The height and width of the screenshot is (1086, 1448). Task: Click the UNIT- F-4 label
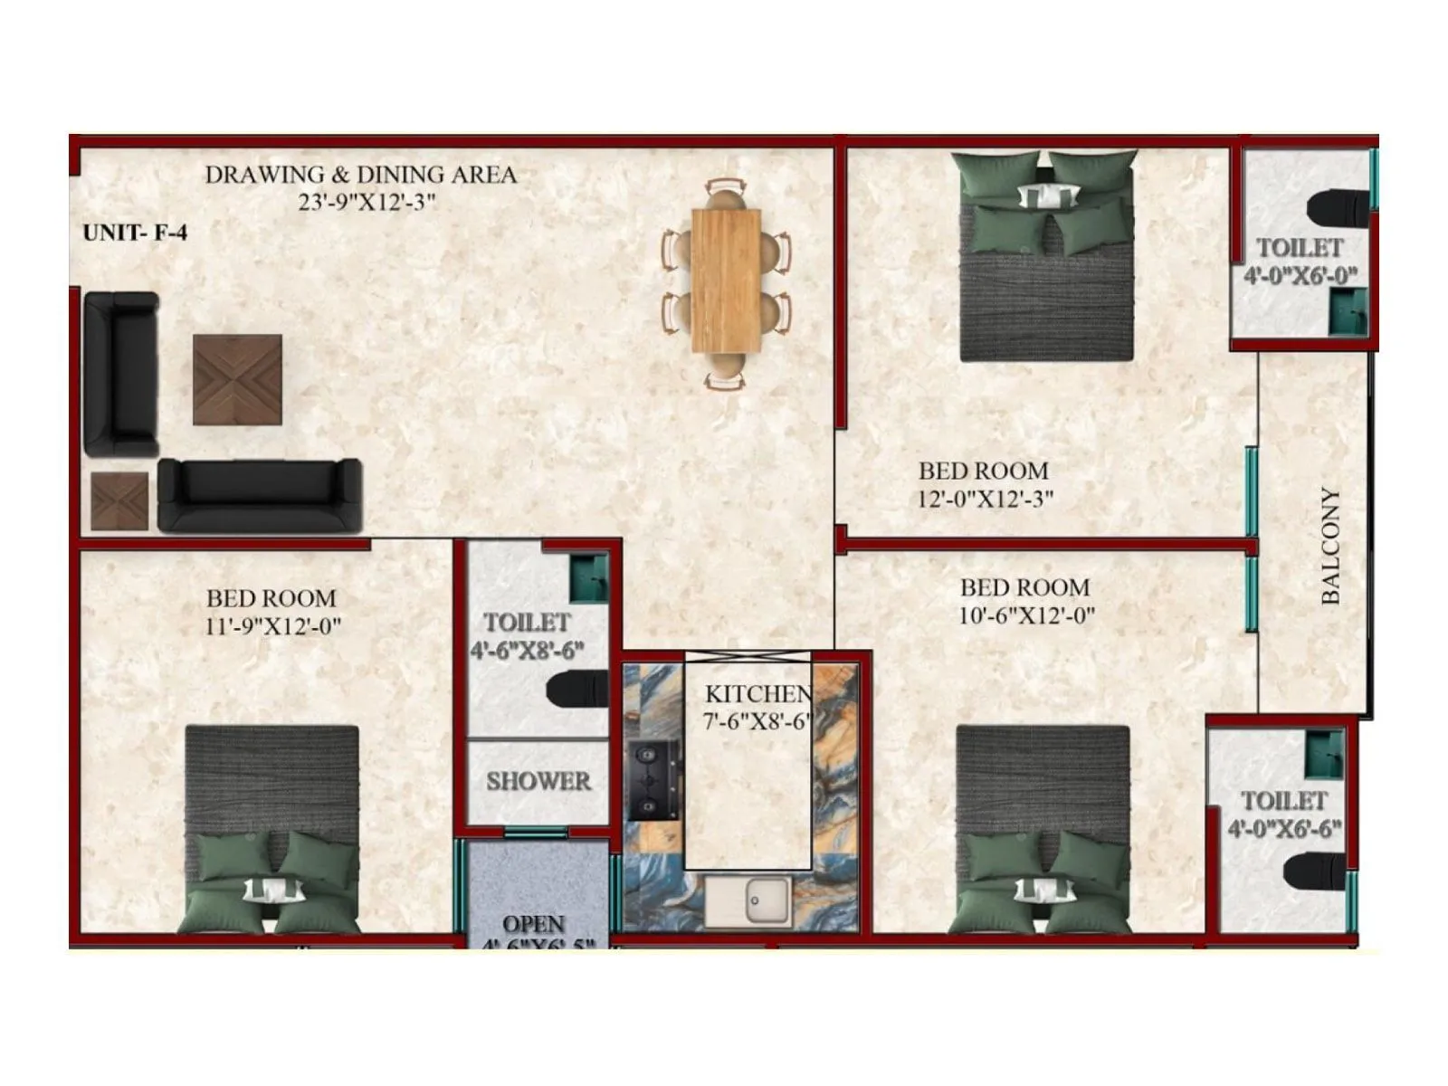pos(135,233)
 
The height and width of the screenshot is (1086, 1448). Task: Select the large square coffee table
pos(237,379)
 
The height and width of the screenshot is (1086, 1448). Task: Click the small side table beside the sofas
pos(119,501)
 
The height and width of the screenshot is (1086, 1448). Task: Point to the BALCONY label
pos(1329,546)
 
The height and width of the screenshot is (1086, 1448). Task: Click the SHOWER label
pos(538,781)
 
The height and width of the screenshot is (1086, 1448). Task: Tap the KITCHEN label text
pos(757,694)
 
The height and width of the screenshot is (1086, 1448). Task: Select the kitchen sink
pos(748,900)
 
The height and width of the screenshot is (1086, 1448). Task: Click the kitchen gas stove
pos(653,780)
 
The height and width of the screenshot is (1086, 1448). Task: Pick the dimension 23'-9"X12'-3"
pos(367,202)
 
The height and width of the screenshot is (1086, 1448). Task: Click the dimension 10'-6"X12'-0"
pos(1026,616)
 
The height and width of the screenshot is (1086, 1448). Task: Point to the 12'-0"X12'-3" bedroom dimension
pos(986,499)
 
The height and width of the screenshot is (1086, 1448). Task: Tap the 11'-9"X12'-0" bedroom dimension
pos(272,626)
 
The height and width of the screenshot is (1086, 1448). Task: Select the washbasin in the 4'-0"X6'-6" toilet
pos(1324,753)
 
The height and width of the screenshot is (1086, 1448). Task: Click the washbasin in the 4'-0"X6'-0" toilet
pos(1348,312)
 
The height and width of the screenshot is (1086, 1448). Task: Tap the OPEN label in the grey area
pos(534,924)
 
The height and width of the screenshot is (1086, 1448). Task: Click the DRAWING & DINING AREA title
pos(360,175)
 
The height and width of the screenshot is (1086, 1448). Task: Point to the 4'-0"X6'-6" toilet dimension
pos(1284,828)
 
